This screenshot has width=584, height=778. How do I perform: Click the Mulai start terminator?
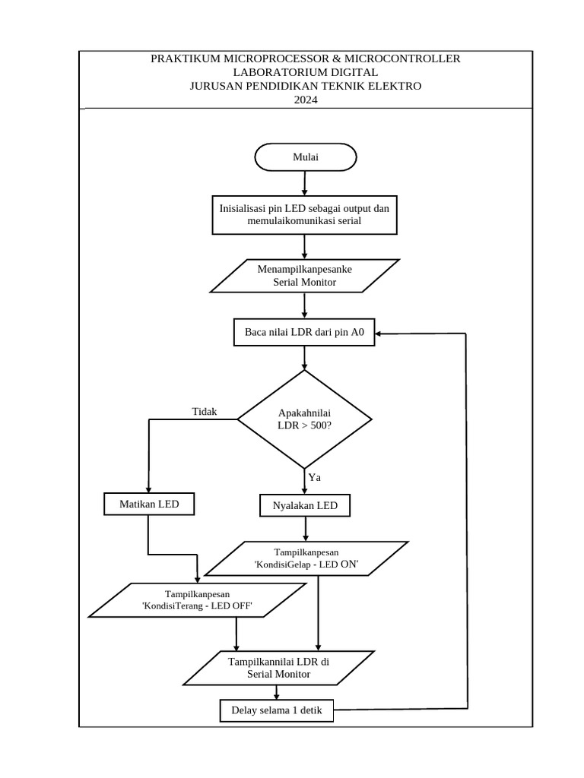tap(305, 157)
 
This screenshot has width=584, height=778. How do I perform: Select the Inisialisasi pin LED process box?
tap(304, 214)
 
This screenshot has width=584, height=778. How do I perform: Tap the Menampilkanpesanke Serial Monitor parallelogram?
tap(304, 276)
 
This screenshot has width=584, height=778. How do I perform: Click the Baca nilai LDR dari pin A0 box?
tap(304, 332)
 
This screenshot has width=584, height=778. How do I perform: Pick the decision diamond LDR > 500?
tap(304, 419)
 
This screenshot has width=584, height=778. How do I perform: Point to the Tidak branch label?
tap(205, 412)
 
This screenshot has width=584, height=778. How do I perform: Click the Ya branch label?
tap(314, 477)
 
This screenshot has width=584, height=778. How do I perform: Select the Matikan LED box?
tap(149, 504)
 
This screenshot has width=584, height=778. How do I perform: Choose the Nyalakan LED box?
tap(305, 505)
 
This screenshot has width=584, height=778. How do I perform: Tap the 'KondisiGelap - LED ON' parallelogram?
tap(306, 558)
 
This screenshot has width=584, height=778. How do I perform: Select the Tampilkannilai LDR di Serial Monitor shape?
tap(279, 668)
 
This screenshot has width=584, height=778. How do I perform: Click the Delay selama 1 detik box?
tap(276, 711)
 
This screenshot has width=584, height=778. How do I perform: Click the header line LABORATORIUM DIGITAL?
tap(305, 72)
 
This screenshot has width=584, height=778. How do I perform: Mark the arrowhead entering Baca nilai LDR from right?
tap(380, 333)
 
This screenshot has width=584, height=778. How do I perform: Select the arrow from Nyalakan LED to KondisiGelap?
tap(305, 529)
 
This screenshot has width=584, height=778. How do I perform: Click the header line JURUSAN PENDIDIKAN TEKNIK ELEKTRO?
tap(305, 86)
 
